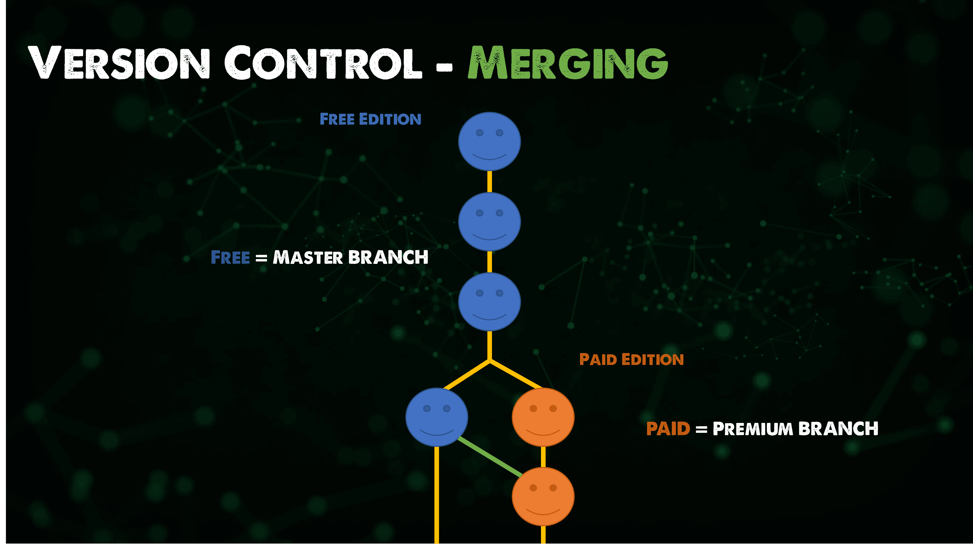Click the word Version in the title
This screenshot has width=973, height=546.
pos(119,63)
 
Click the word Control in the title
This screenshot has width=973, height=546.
pos(323,63)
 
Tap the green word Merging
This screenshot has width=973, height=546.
pos(568,63)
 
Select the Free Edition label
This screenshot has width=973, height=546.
pos(370,119)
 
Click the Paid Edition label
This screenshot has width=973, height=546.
pos(631,359)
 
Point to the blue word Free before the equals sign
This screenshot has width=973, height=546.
pos(230,258)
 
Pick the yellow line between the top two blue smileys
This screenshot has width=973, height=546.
pos(490,182)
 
